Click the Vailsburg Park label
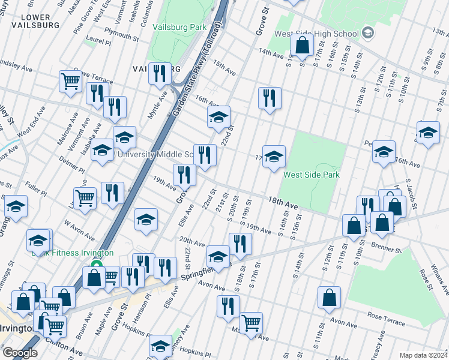click(x=179, y=27)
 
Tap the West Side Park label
click(x=312, y=175)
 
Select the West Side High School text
click(x=317, y=34)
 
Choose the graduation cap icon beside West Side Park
click(x=274, y=157)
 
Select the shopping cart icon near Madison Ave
click(x=251, y=323)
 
